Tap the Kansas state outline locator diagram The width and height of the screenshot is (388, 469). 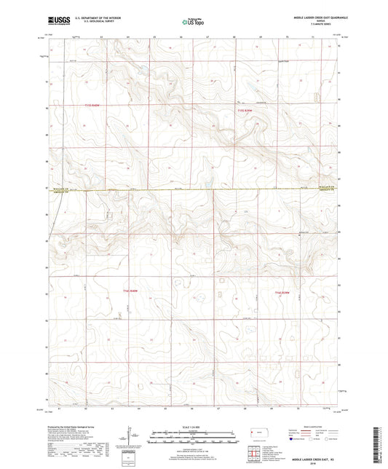click(260, 434)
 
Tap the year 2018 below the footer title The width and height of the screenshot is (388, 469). click(316, 463)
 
